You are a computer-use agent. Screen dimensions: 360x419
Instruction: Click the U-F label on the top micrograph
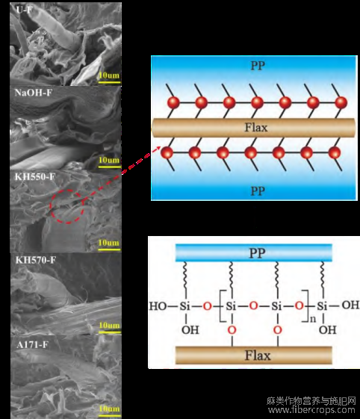point(24,10)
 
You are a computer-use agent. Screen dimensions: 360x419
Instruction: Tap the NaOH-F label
point(34,93)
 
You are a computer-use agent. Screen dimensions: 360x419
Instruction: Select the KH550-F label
point(35,176)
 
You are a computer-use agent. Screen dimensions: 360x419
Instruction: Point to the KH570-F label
point(36,260)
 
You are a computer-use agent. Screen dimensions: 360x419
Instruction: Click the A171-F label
point(32,345)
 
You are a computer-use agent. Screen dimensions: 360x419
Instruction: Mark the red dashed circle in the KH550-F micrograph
point(50,206)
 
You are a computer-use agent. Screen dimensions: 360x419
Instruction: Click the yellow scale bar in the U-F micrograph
point(109,82)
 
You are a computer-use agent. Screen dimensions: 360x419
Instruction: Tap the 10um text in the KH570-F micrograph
point(109,325)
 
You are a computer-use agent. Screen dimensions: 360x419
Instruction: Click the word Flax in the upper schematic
point(256,128)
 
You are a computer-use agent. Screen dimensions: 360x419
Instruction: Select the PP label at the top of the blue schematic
point(258,66)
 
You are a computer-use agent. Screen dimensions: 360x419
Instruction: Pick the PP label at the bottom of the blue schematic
point(258,191)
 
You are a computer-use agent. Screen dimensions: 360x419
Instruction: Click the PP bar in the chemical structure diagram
point(254,252)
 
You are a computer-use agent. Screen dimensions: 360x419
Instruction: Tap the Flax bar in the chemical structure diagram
point(254,355)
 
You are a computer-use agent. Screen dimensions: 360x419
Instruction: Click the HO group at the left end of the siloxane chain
point(158,306)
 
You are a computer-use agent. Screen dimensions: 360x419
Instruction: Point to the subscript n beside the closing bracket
point(313,319)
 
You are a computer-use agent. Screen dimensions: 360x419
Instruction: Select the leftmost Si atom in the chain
point(184,306)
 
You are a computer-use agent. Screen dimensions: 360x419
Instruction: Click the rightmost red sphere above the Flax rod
point(341,102)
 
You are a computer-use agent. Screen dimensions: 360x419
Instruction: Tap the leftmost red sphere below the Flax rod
point(167,153)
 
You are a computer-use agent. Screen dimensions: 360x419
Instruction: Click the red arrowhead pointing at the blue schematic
point(158,149)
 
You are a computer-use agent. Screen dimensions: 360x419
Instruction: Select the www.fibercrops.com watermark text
point(311,409)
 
